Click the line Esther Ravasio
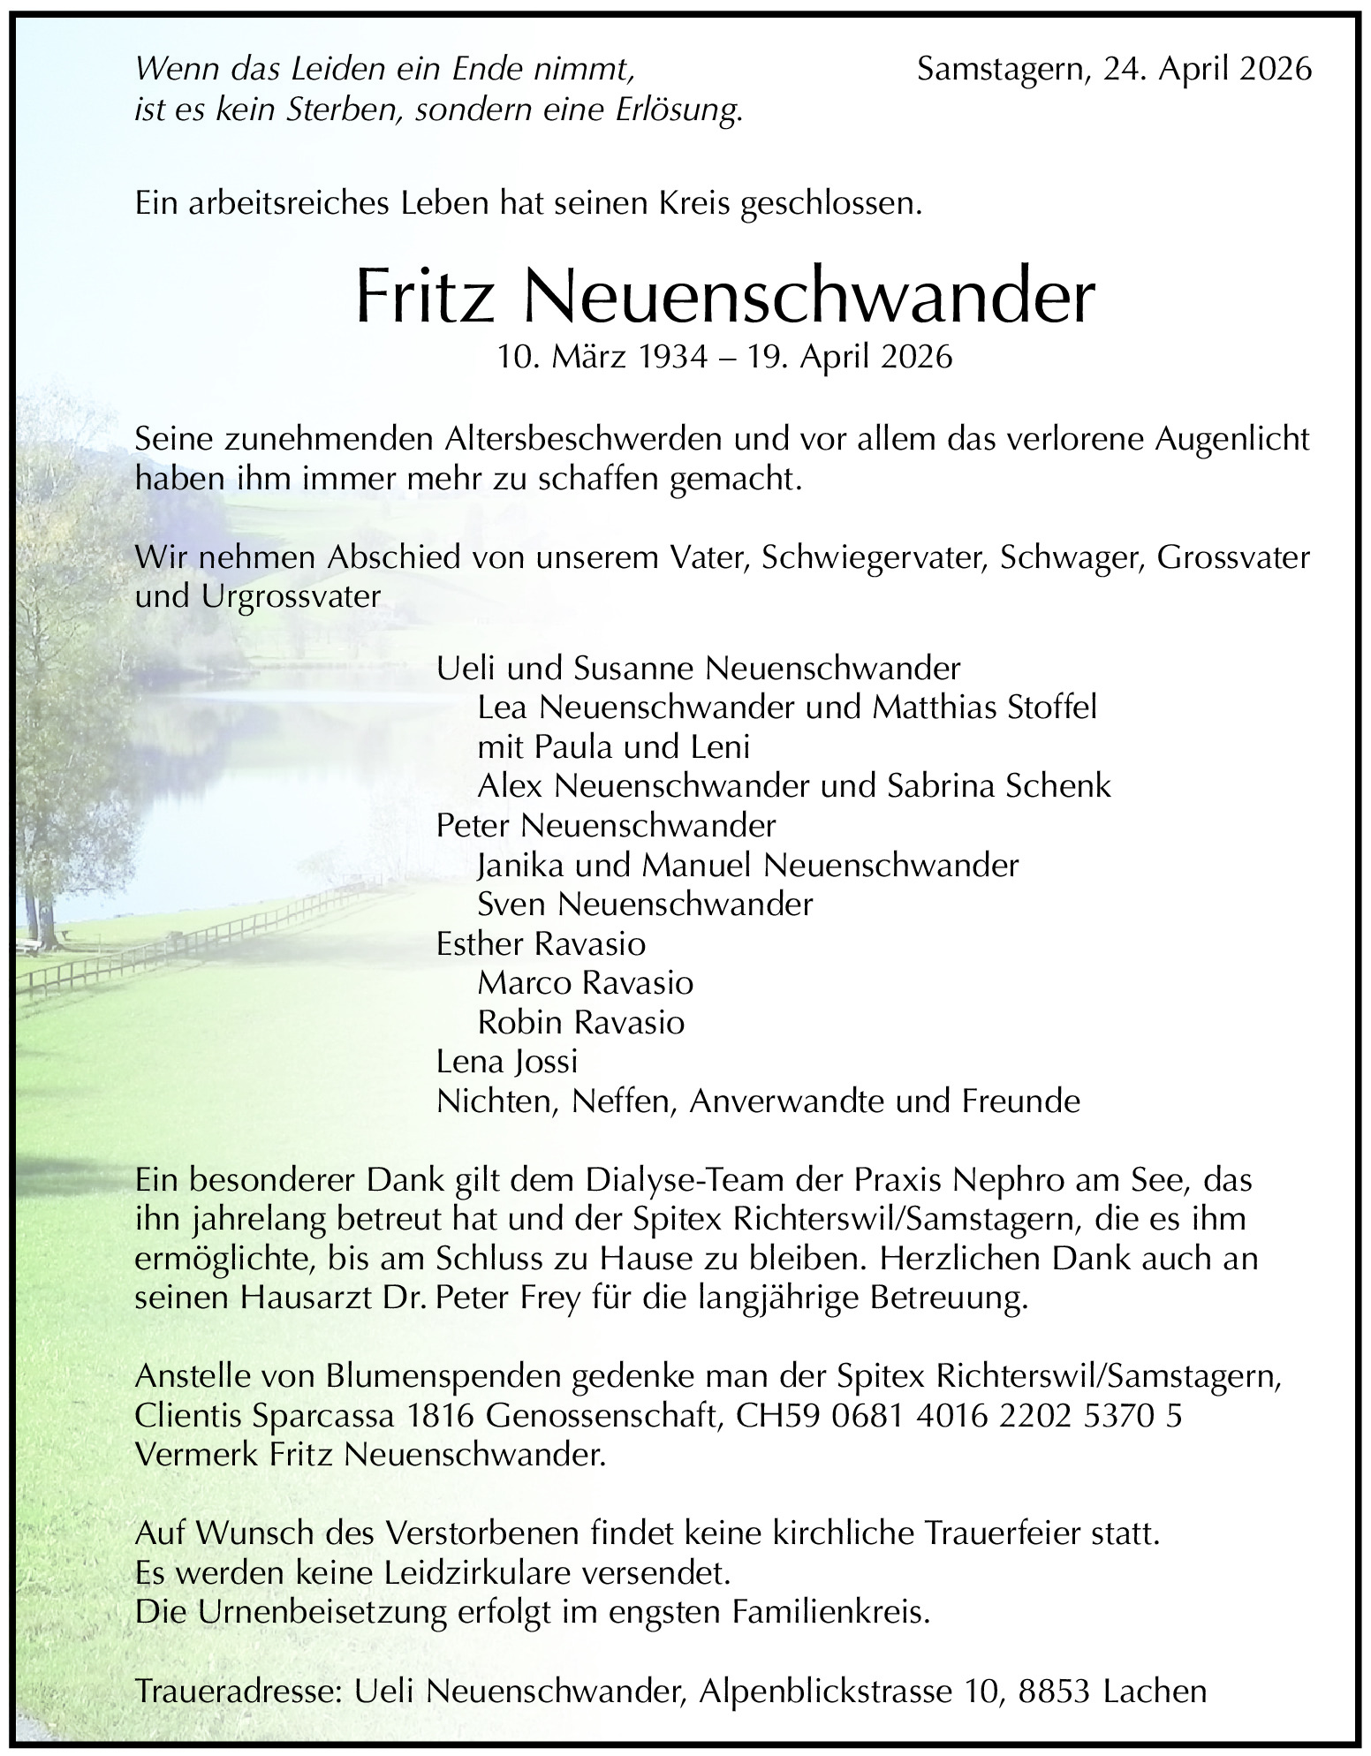tap(541, 943)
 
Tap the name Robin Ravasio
tap(580, 1022)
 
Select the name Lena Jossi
tap(506, 1061)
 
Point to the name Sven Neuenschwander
tap(644, 904)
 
